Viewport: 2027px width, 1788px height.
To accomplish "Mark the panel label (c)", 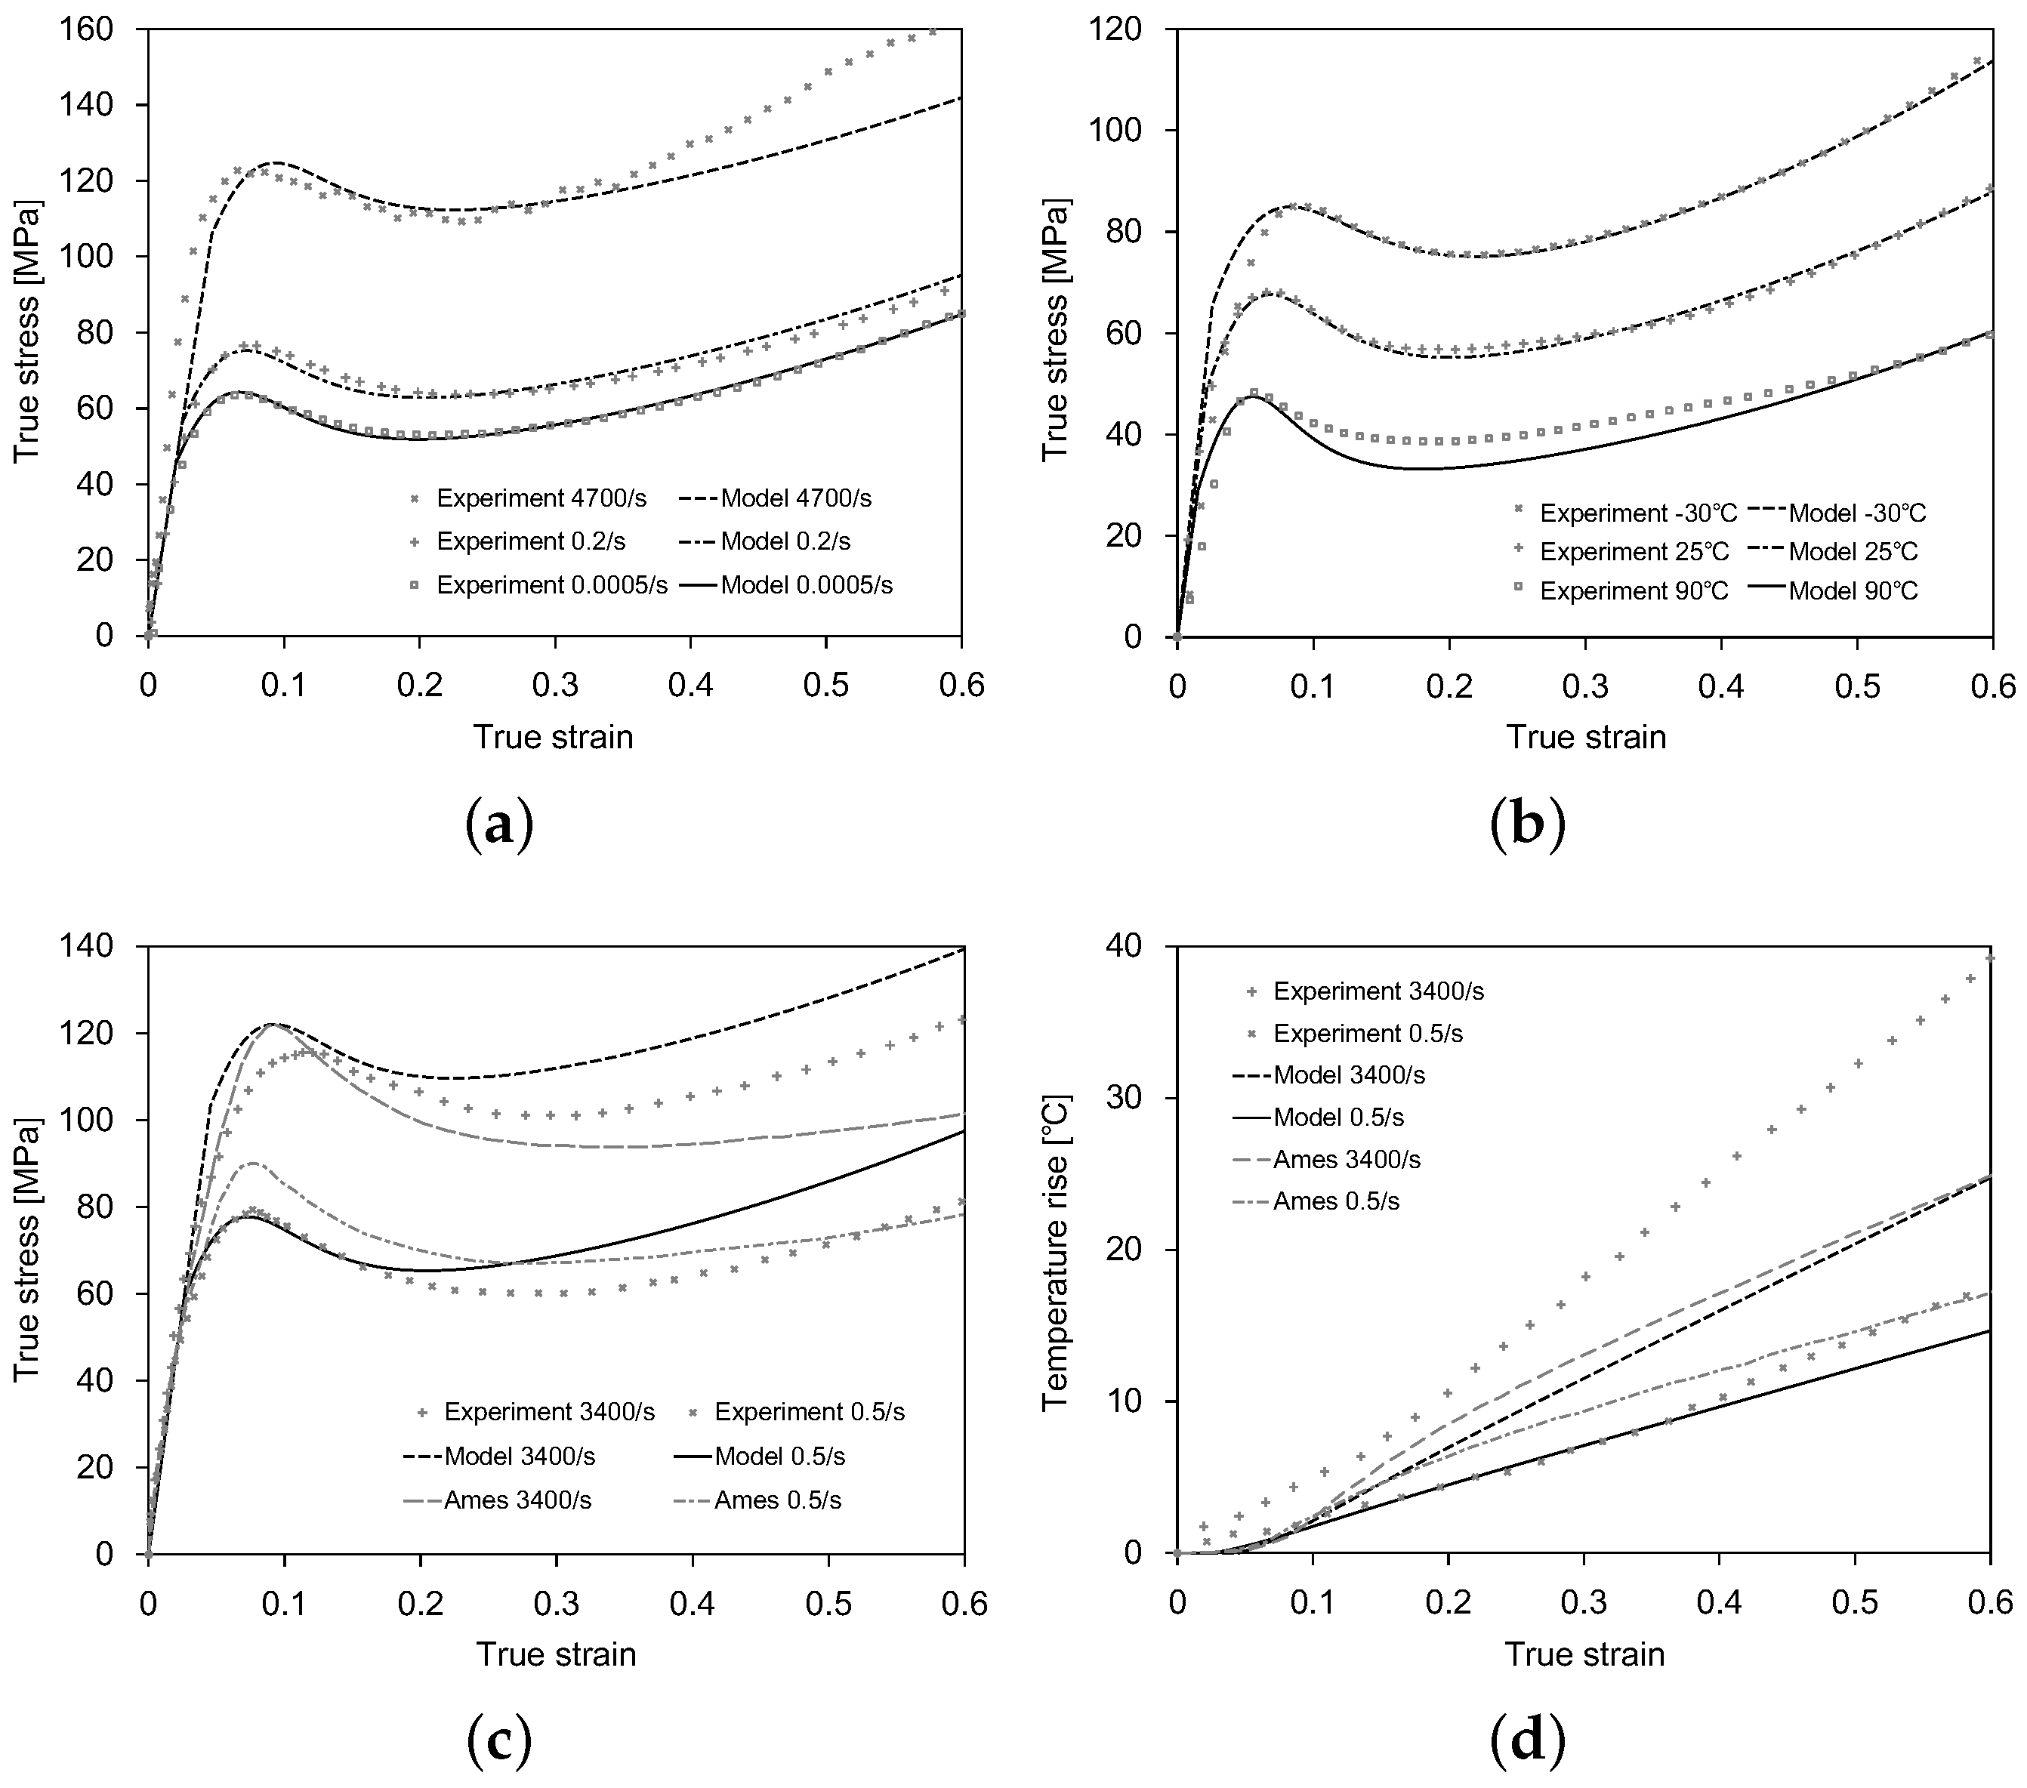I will (498, 1741).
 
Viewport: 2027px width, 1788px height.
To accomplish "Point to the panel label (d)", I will (1527, 1741).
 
